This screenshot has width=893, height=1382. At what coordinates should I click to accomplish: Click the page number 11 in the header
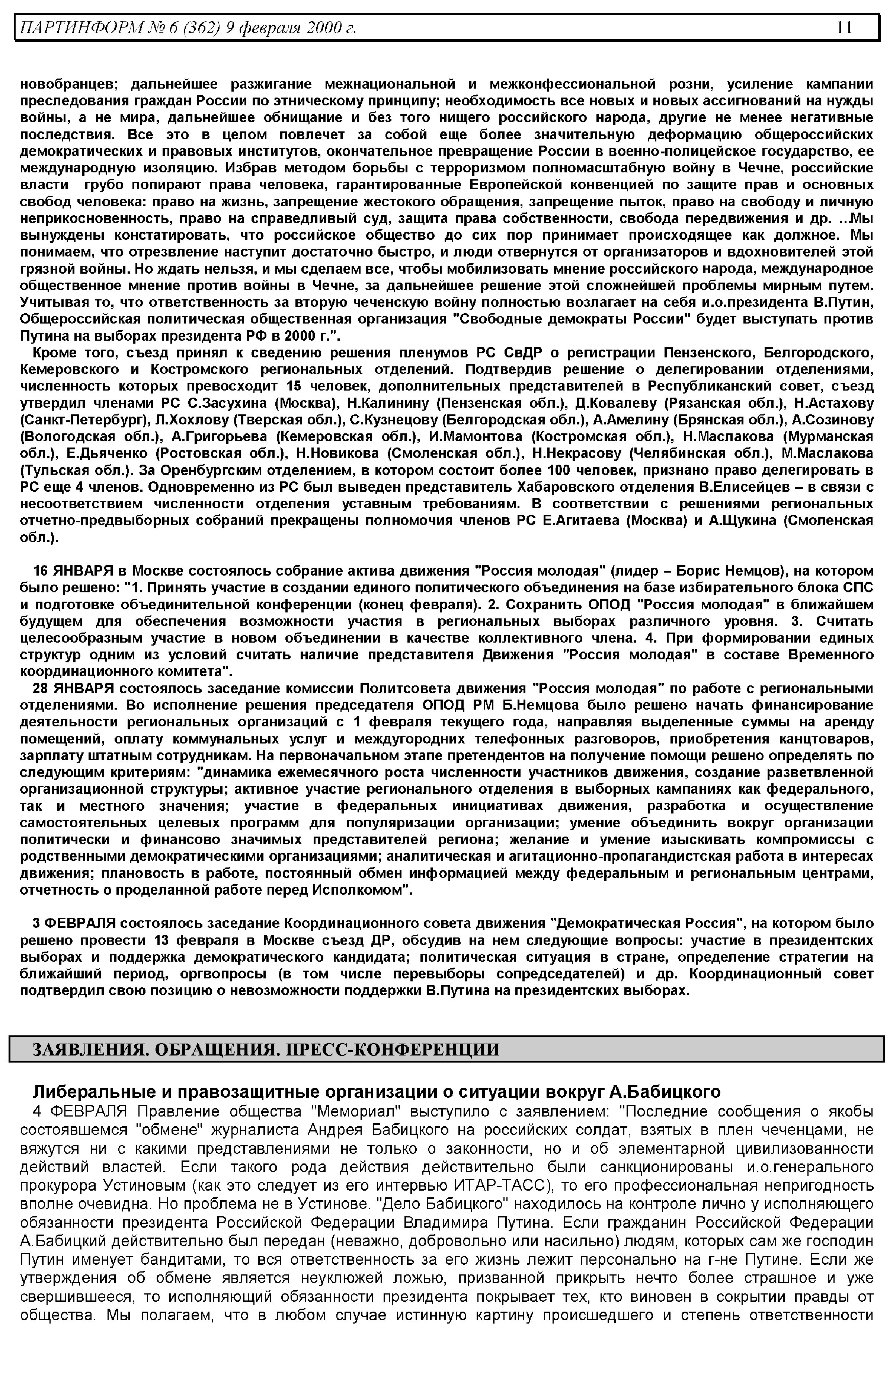click(x=844, y=27)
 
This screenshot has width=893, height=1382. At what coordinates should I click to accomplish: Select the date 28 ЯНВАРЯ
click(x=81, y=688)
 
